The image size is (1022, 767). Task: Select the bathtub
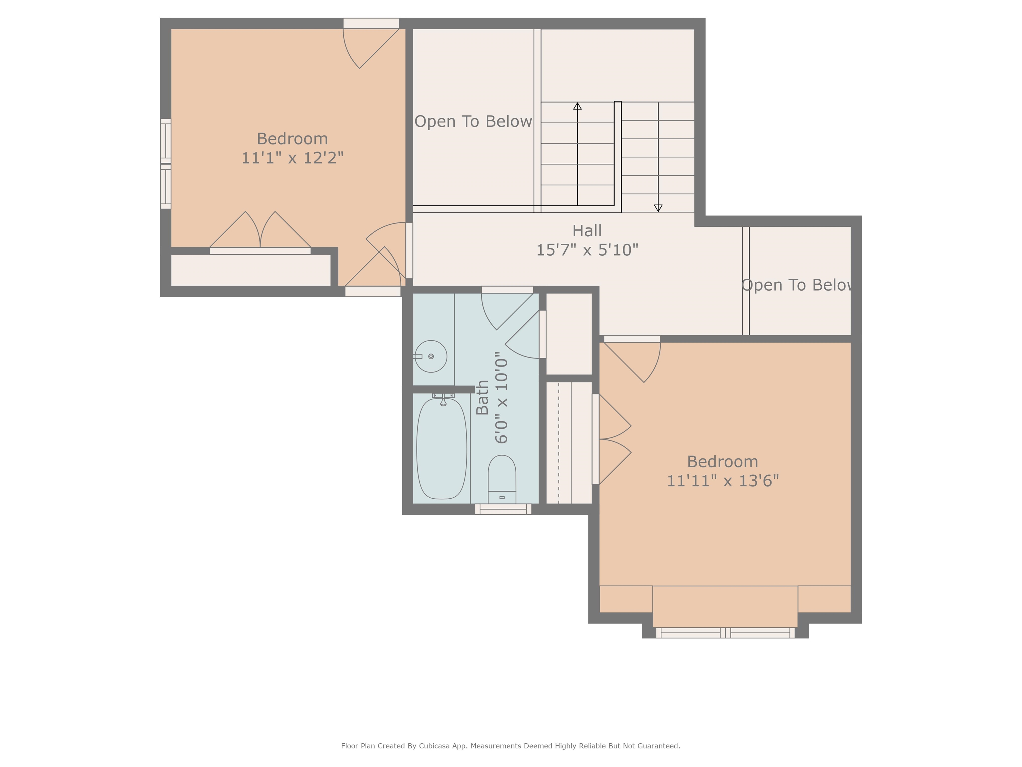[442, 448]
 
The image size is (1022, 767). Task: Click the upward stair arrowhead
[578, 106]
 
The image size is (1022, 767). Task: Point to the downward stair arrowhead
[658, 208]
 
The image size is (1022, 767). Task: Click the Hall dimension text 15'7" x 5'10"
[587, 250]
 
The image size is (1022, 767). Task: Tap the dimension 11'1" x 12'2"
[292, 158]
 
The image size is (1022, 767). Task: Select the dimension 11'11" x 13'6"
[723, 481]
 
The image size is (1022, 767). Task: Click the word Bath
[482, 397]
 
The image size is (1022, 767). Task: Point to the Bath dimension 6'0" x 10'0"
[502, 397]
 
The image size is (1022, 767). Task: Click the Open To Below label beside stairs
[473, 122]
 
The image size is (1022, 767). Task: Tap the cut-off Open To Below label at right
[797, 285]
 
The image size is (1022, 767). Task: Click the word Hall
[587, 231]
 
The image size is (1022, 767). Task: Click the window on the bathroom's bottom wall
[503, 509]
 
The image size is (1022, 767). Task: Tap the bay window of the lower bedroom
[725, 633]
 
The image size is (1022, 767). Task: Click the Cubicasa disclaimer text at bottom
[511, 746]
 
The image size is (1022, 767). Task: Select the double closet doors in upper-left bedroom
[260, 231]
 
